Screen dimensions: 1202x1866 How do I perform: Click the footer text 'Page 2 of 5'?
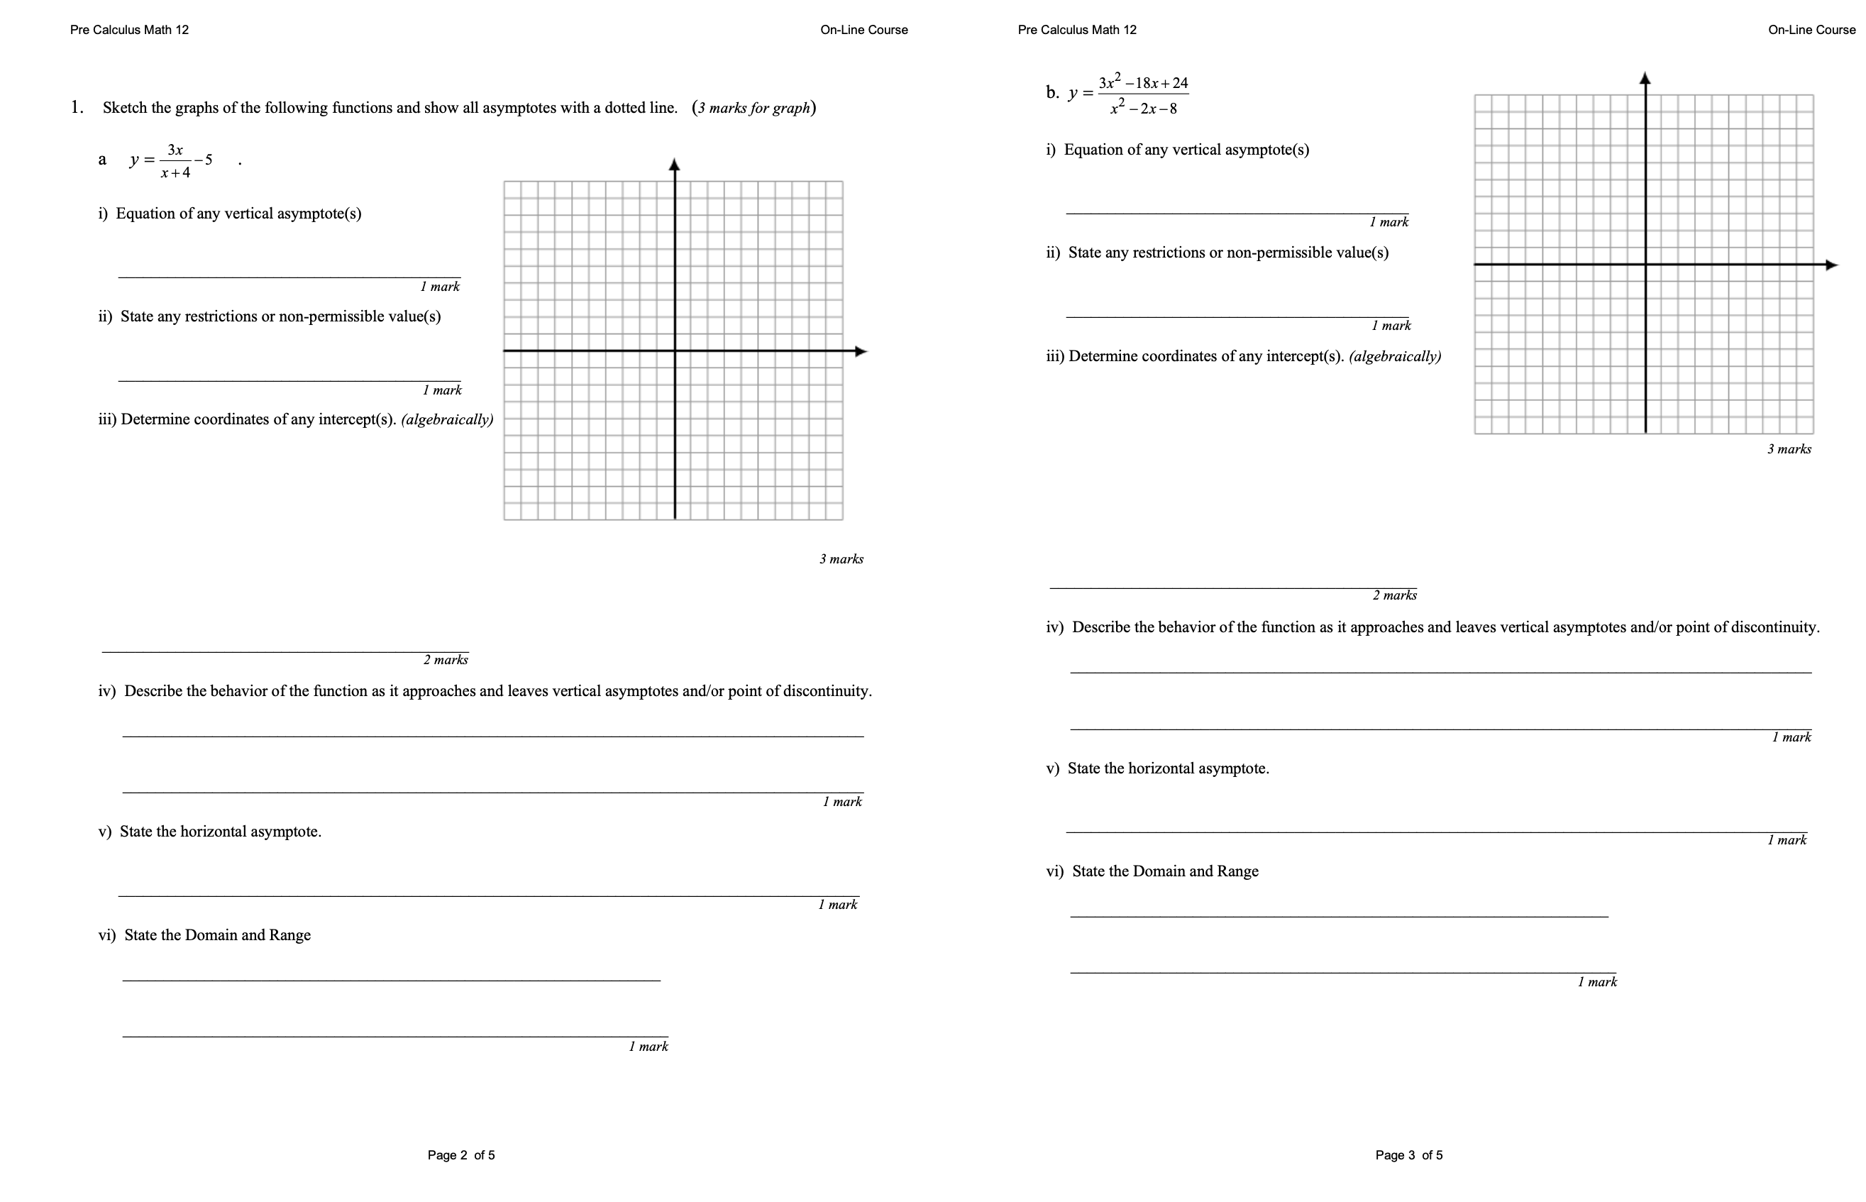click(460, 1154)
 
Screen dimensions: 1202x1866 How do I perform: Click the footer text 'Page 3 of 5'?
click(1408, 1154)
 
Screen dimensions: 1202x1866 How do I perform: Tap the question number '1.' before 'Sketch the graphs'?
click(77, 108)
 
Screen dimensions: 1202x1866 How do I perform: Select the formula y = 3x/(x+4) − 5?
click(172, 160)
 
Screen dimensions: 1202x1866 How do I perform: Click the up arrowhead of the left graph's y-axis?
click(674, 165)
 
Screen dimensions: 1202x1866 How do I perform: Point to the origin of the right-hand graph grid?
click(1645, 265)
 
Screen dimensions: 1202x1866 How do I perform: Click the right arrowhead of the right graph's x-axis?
click(1831, 265)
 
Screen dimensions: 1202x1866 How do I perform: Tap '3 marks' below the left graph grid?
click(841, 559)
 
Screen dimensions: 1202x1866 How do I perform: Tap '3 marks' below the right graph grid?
click(1788, 448)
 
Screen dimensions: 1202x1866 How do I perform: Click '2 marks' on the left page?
click(445, 660)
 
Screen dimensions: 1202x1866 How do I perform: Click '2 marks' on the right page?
click(1394, 595)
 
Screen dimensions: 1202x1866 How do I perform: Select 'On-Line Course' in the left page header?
click(863, 30)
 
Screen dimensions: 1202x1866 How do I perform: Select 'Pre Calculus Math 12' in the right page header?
click(1076, 30)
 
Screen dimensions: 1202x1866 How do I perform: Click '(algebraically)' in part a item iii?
click(446, 419)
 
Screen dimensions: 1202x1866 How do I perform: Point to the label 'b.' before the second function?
click(1052, 93)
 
